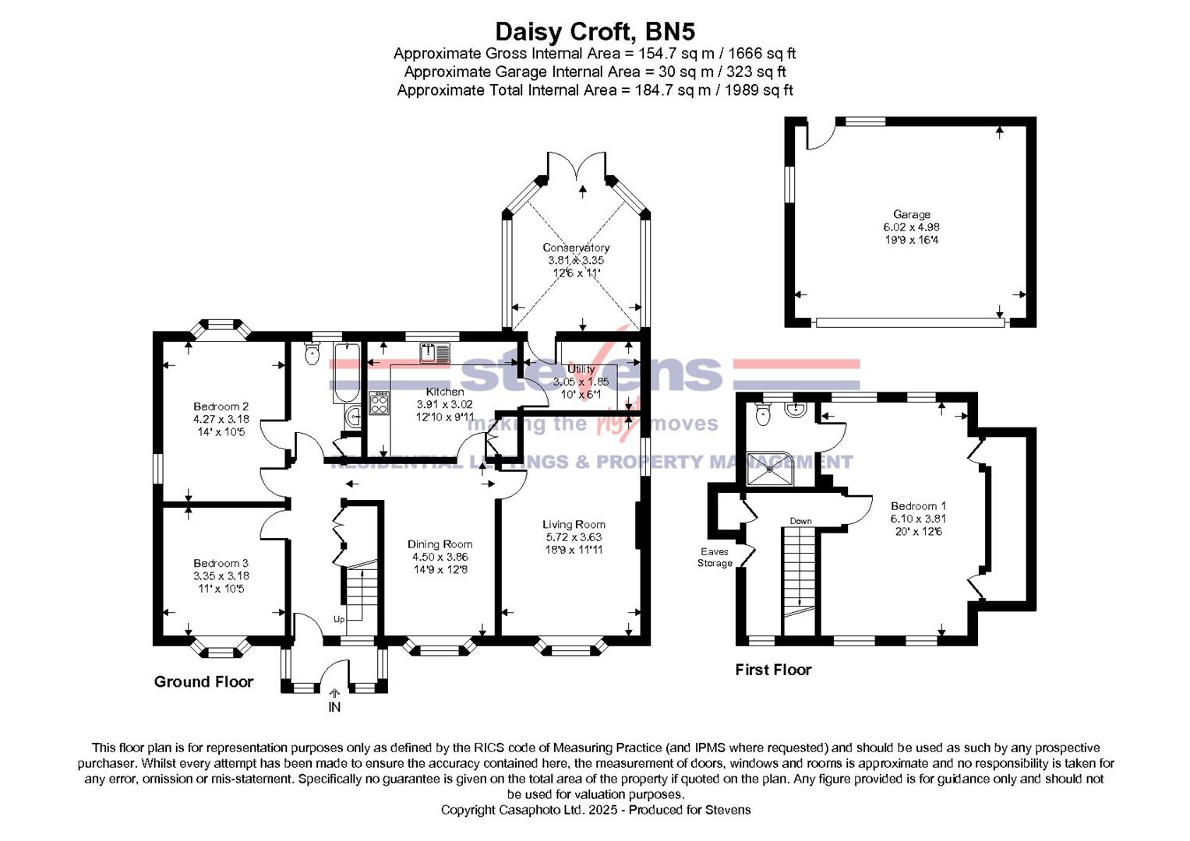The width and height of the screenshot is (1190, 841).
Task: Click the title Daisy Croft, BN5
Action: coord(595,31)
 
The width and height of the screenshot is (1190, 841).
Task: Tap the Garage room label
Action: coord(911,214)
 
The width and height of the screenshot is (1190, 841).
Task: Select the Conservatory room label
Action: coord(576,248)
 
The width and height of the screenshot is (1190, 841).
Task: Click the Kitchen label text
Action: coord(444,392)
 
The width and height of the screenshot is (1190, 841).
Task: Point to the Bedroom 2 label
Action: coord(221,406)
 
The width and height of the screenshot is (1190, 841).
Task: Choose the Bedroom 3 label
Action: coord(221,563)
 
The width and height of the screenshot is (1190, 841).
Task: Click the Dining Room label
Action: coord(440,544)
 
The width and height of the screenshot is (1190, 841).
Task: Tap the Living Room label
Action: coord(574,525)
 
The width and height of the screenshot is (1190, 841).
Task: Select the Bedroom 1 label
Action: coord(918,506)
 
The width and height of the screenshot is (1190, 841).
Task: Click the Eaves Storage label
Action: coord(715,557)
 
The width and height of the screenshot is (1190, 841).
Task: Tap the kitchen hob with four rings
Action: coord(379,403)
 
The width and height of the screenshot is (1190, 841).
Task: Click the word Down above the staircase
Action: coord(800,521)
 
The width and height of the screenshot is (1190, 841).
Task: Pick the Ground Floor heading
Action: coord(203,682)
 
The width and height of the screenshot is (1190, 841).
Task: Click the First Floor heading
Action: coord(773,670)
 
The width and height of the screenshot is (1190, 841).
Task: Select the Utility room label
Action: coord(581,369)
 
